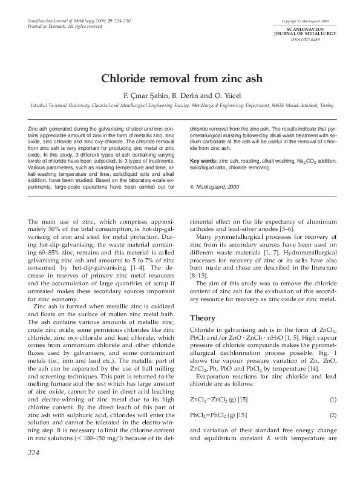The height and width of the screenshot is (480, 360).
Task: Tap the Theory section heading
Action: click(x=203, y=318)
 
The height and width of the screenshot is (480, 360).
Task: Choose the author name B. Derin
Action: click(x=172, y=94)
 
